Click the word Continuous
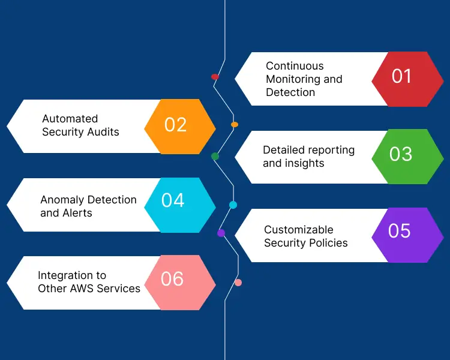click(295, 66)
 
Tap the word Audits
click(101, 132)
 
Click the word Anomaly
click(63, 200)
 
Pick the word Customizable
click(299, 230)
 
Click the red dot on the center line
click(215, 77)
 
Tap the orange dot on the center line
click(235, 125)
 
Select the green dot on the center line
click(215, 157)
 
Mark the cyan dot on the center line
click(233, 205)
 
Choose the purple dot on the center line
click(221, 233)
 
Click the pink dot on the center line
click(238, 283)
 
